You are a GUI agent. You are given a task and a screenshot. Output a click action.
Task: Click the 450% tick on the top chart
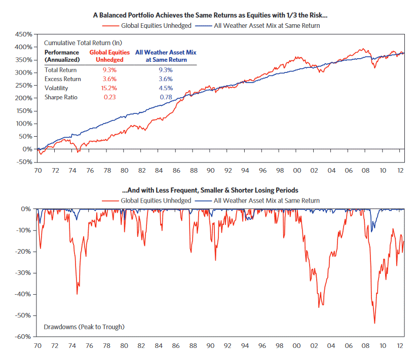pos(24,34)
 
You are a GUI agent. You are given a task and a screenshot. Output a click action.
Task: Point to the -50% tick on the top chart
pos(24,162)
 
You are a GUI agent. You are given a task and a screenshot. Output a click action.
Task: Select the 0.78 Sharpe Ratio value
pos(165,97)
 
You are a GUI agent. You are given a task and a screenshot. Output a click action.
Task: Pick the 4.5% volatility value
pos(165,88)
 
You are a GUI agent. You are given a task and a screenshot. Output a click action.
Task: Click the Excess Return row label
pos(61,79)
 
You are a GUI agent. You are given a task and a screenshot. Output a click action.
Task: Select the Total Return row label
pos(60,70)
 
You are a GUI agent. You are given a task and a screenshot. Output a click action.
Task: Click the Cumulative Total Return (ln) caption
pos(83,43)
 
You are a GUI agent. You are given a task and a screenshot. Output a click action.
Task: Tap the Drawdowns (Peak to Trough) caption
pos(84,327)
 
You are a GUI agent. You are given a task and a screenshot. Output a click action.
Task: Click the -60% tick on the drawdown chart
pos(24,337)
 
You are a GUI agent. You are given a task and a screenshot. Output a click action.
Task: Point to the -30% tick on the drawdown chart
pos(24,273)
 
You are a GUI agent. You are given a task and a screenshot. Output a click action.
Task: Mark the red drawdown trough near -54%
pos(374,323)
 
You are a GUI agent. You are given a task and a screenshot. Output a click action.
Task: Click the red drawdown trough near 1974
pos(77,293)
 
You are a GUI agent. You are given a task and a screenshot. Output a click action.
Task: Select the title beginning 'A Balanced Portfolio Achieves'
pos(207,15)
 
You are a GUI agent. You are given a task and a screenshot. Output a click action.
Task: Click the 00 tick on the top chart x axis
pos(296,171)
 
